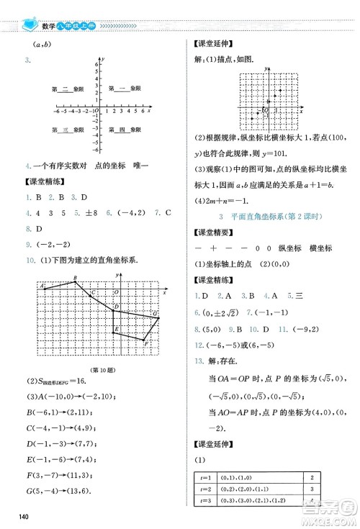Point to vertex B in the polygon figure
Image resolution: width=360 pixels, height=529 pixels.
(x=75, y=281)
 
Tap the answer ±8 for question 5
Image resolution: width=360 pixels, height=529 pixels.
(x=93, y=213)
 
